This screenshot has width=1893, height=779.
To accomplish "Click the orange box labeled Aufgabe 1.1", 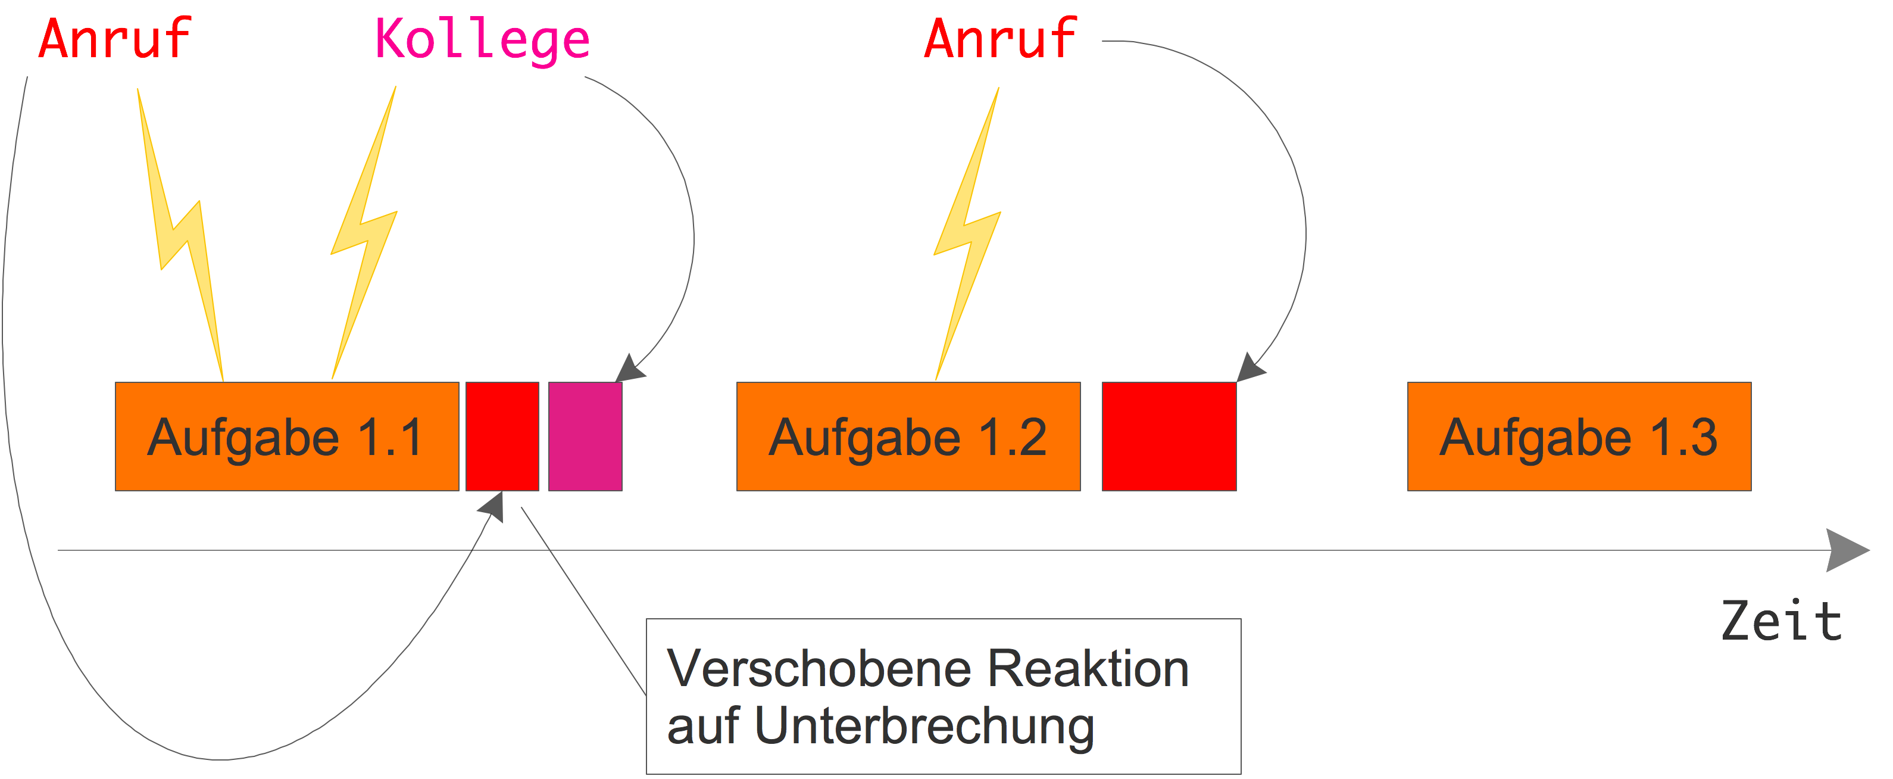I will [286, 437].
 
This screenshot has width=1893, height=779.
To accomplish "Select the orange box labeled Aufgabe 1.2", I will [908, 437].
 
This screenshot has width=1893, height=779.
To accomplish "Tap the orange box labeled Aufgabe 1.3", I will [1579, 437].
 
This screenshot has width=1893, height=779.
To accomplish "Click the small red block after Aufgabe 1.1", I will [502, 437].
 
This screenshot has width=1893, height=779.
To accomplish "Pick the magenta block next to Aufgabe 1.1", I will [585, 437].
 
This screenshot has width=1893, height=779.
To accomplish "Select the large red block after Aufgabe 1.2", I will [1169, 437].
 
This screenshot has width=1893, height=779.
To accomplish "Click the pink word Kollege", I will [482, 40].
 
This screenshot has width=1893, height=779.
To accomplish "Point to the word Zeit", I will [1781, 622].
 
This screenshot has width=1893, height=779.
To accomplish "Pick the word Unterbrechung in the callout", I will [924, 727].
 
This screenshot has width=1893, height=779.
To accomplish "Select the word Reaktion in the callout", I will [1088, 669].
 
